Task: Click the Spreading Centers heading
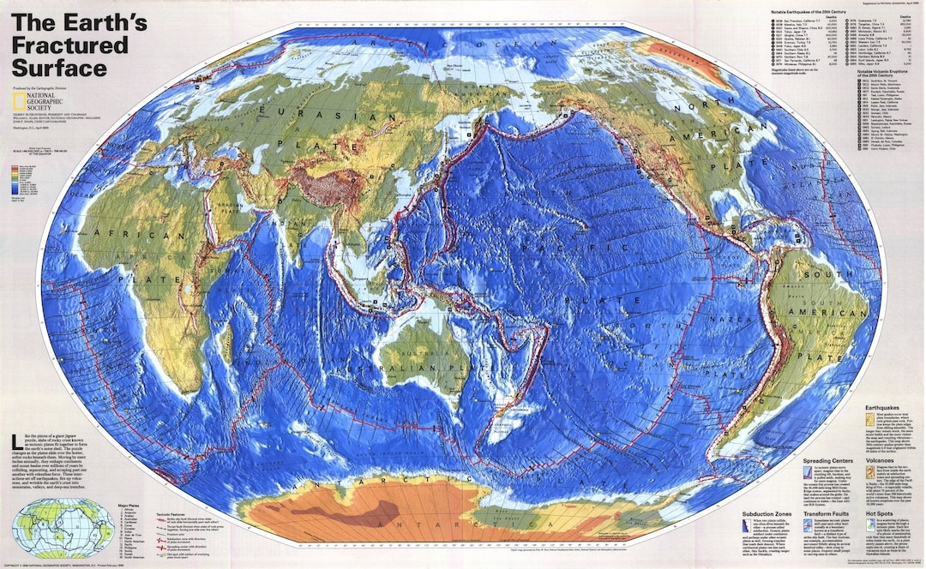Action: point(827,462)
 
